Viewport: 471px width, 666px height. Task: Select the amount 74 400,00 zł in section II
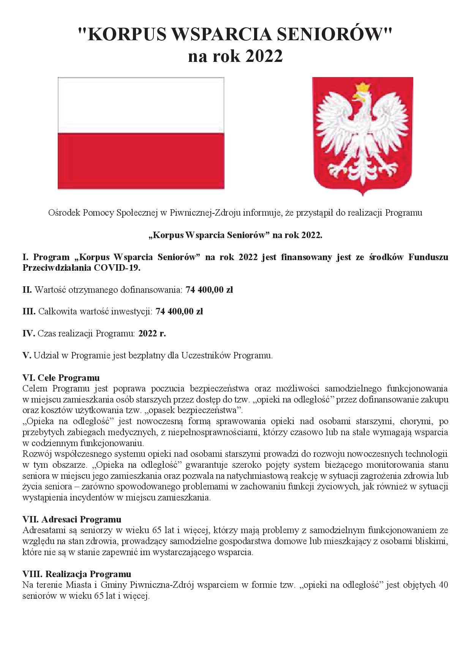209,290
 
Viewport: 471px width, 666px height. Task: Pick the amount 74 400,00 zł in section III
180,312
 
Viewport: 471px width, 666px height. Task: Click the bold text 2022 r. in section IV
152,334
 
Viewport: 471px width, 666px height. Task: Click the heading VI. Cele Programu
61,378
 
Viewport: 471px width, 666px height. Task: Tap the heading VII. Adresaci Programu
72,519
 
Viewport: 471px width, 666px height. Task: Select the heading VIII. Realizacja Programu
77,574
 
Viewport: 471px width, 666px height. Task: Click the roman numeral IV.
29,334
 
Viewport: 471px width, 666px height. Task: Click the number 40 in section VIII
443,585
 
